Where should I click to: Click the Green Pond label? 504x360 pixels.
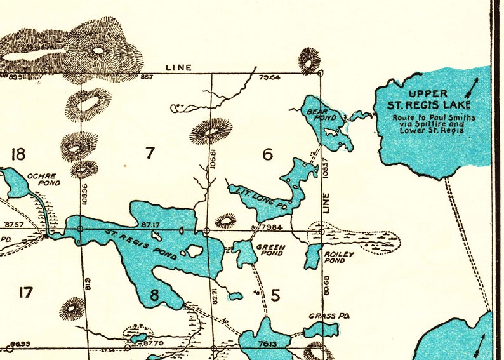tap(269, 250)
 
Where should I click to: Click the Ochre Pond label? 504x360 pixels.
tap(43, 179)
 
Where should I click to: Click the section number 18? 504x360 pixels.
tap(18, 154)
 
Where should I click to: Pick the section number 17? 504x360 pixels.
tap(25, 292)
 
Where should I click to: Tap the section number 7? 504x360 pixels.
tap(150, 153)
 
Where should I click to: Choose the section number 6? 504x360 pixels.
tap(267, 154)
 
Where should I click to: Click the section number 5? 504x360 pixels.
tap(275, 295)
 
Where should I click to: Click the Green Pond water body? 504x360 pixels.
tap(244, 252)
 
